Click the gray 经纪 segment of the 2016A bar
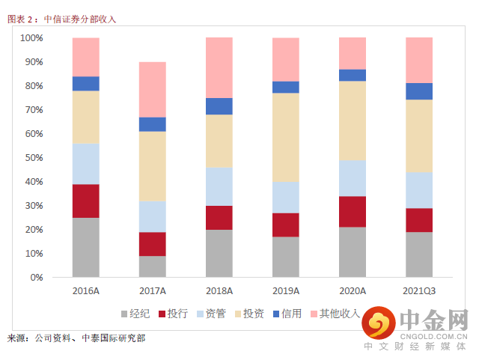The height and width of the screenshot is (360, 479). (x=85, y=248)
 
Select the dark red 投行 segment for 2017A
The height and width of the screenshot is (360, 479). (x=152, y=244)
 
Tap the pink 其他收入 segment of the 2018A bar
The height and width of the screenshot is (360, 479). (x=219, y=67)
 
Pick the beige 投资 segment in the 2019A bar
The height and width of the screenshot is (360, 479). (x=285, y=137)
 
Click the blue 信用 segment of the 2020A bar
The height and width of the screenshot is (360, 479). (x=352, y=75)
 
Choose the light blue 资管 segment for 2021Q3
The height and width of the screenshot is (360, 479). (x=418, y=190)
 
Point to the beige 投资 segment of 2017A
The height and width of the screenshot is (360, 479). (x=152, y=166)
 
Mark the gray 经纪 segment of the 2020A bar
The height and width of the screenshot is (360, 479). (x=352, y=252)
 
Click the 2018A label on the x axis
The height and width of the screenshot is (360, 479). (x=219, y=290)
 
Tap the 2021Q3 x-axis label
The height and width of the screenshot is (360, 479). (x=418, y=290)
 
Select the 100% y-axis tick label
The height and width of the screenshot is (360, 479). (x=29, y=38)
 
